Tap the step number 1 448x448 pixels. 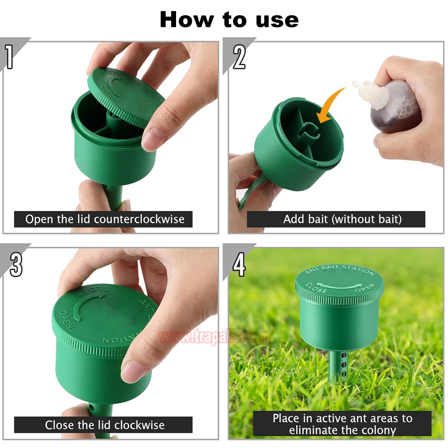pyautogui.click(x=9, y=57)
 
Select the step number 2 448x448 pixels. pyautogui.click(x=239, y=57)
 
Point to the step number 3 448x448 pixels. pyautogui.click(x=16, y=265)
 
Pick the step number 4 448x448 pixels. pyautogui.click(x=239, y=265)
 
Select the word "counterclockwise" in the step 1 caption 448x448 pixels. pyautogui.click(x=139, y=219)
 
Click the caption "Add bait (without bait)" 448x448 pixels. pyautogui.click(x=342, y=219)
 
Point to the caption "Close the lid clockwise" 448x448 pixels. pyautogui.click(x=104, y=425)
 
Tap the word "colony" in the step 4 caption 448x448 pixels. pyautogui.click(x=378, y=430)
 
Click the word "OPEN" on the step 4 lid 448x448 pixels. pyautogui.click(x=365, y=288)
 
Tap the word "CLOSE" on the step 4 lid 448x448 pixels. pyautogui.click(x=316, y=288)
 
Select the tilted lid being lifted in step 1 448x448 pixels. pyautogui.click(x=126, y=97)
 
